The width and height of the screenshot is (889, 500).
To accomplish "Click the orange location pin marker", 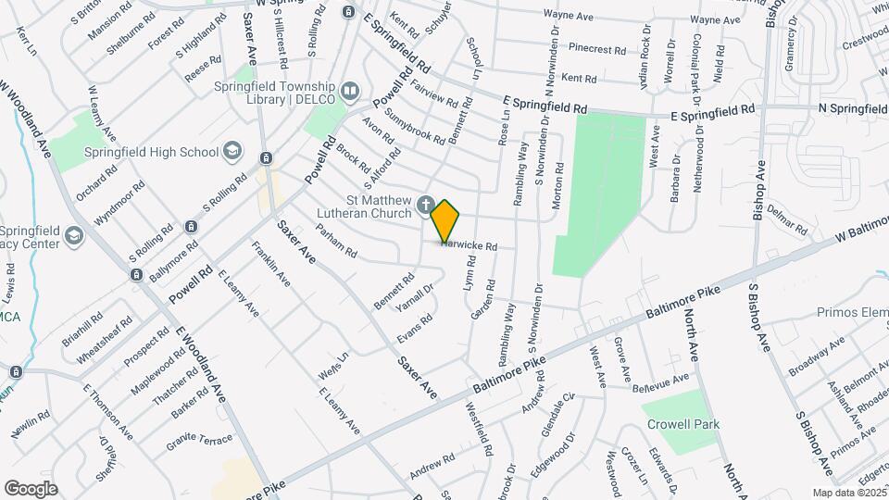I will pos(445,219).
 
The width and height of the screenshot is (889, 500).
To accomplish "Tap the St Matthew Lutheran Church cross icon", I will pos(425,205).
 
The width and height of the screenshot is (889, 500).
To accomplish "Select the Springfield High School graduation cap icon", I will pos(232,152).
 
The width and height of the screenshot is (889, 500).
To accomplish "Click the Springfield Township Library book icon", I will pos(350,91).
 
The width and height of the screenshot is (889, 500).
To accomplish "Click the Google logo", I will pos(31,488).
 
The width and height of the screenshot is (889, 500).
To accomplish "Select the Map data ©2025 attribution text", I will pos(848,493).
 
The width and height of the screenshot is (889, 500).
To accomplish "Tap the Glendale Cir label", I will pos(558,407).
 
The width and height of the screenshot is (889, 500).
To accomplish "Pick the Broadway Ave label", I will pos(817,356).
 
